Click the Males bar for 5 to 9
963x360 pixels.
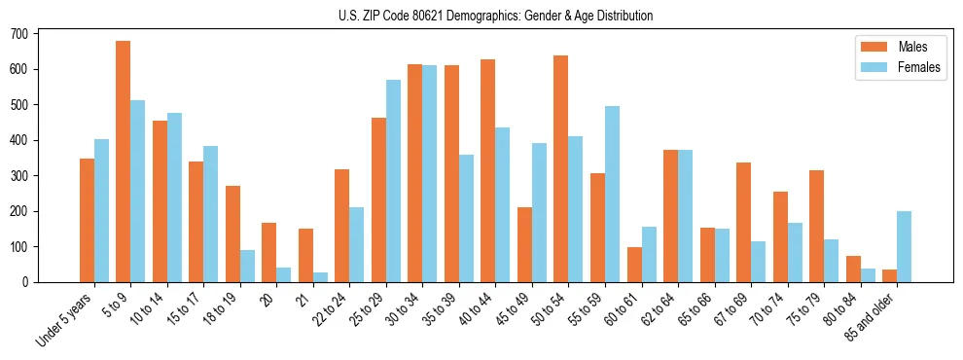(124, 162)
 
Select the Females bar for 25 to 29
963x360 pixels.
(393, 181)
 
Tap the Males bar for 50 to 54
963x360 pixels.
(561, 169)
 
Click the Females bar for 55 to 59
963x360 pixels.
(612, 195)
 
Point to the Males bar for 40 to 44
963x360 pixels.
(488, 171)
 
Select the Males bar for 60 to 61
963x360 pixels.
(634, 265)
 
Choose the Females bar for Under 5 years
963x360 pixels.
(101, 211)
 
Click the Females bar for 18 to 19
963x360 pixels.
(247, 266)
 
